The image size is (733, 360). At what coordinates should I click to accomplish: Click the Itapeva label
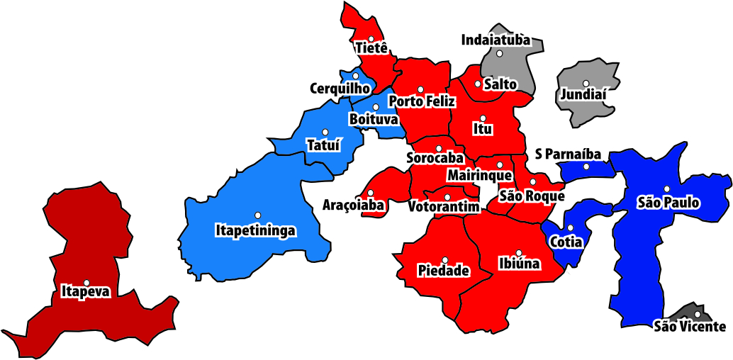(86, 291)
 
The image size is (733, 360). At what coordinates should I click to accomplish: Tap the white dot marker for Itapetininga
(258, 215)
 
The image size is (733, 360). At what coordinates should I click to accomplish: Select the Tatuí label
(323, 145)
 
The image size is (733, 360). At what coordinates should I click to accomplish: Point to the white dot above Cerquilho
(355, 76)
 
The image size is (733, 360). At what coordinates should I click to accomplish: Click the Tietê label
(371, 48)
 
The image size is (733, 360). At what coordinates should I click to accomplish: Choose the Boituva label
(373, 119)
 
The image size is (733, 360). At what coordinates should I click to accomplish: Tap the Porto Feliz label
(422, 102)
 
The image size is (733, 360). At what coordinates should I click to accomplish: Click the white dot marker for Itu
(483, 118)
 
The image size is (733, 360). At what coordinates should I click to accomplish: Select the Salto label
(500, 84)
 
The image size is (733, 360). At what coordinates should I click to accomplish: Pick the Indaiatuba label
(496, 40)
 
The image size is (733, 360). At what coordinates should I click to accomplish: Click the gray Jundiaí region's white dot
(586, 84)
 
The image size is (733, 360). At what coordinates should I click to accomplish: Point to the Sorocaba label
(435, 157)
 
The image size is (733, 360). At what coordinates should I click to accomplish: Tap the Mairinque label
(480, 174)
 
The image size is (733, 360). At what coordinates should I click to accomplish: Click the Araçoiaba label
(354, 206)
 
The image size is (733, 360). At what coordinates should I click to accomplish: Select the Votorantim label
(444, 206)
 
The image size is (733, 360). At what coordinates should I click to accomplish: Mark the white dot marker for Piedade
(445, 260)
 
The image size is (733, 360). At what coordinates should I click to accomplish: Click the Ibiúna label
(519, 264)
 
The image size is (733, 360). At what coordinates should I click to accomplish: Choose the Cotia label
(566, 242)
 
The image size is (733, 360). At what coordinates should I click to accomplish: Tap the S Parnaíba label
(568, 154)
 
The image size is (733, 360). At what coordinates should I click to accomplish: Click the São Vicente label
(690, 327)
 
